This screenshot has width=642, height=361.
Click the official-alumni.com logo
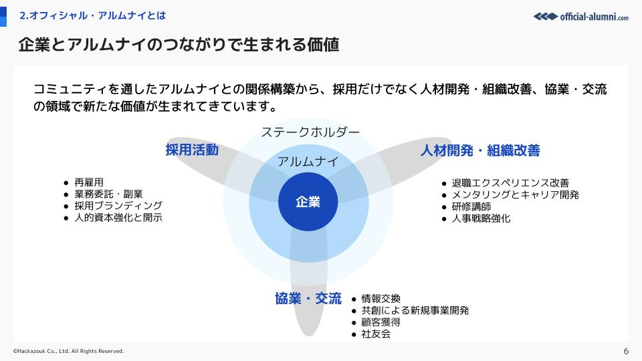581,16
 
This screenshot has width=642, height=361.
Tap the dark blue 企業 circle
308,202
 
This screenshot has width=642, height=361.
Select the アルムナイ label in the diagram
308,162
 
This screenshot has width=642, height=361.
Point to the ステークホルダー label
310,132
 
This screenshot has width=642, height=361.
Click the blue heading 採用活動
192,150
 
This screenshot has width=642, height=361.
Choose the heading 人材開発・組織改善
480,150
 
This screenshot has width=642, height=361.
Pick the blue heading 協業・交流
308,298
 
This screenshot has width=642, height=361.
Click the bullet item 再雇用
89,182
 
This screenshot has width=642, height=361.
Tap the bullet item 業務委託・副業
108,194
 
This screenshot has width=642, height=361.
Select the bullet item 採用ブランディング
118,205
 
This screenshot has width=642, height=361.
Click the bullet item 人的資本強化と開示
118,217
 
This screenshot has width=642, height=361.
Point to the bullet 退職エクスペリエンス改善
510,183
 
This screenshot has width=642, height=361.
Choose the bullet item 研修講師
471,207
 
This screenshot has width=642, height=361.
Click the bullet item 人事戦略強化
481,218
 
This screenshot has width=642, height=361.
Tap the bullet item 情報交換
381,299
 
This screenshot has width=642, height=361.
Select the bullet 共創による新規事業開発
415,311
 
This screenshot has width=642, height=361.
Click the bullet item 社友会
376,334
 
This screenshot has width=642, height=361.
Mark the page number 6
626,351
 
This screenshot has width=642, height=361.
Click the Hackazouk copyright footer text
68,351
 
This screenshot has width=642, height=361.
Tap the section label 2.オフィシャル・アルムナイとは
92,15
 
